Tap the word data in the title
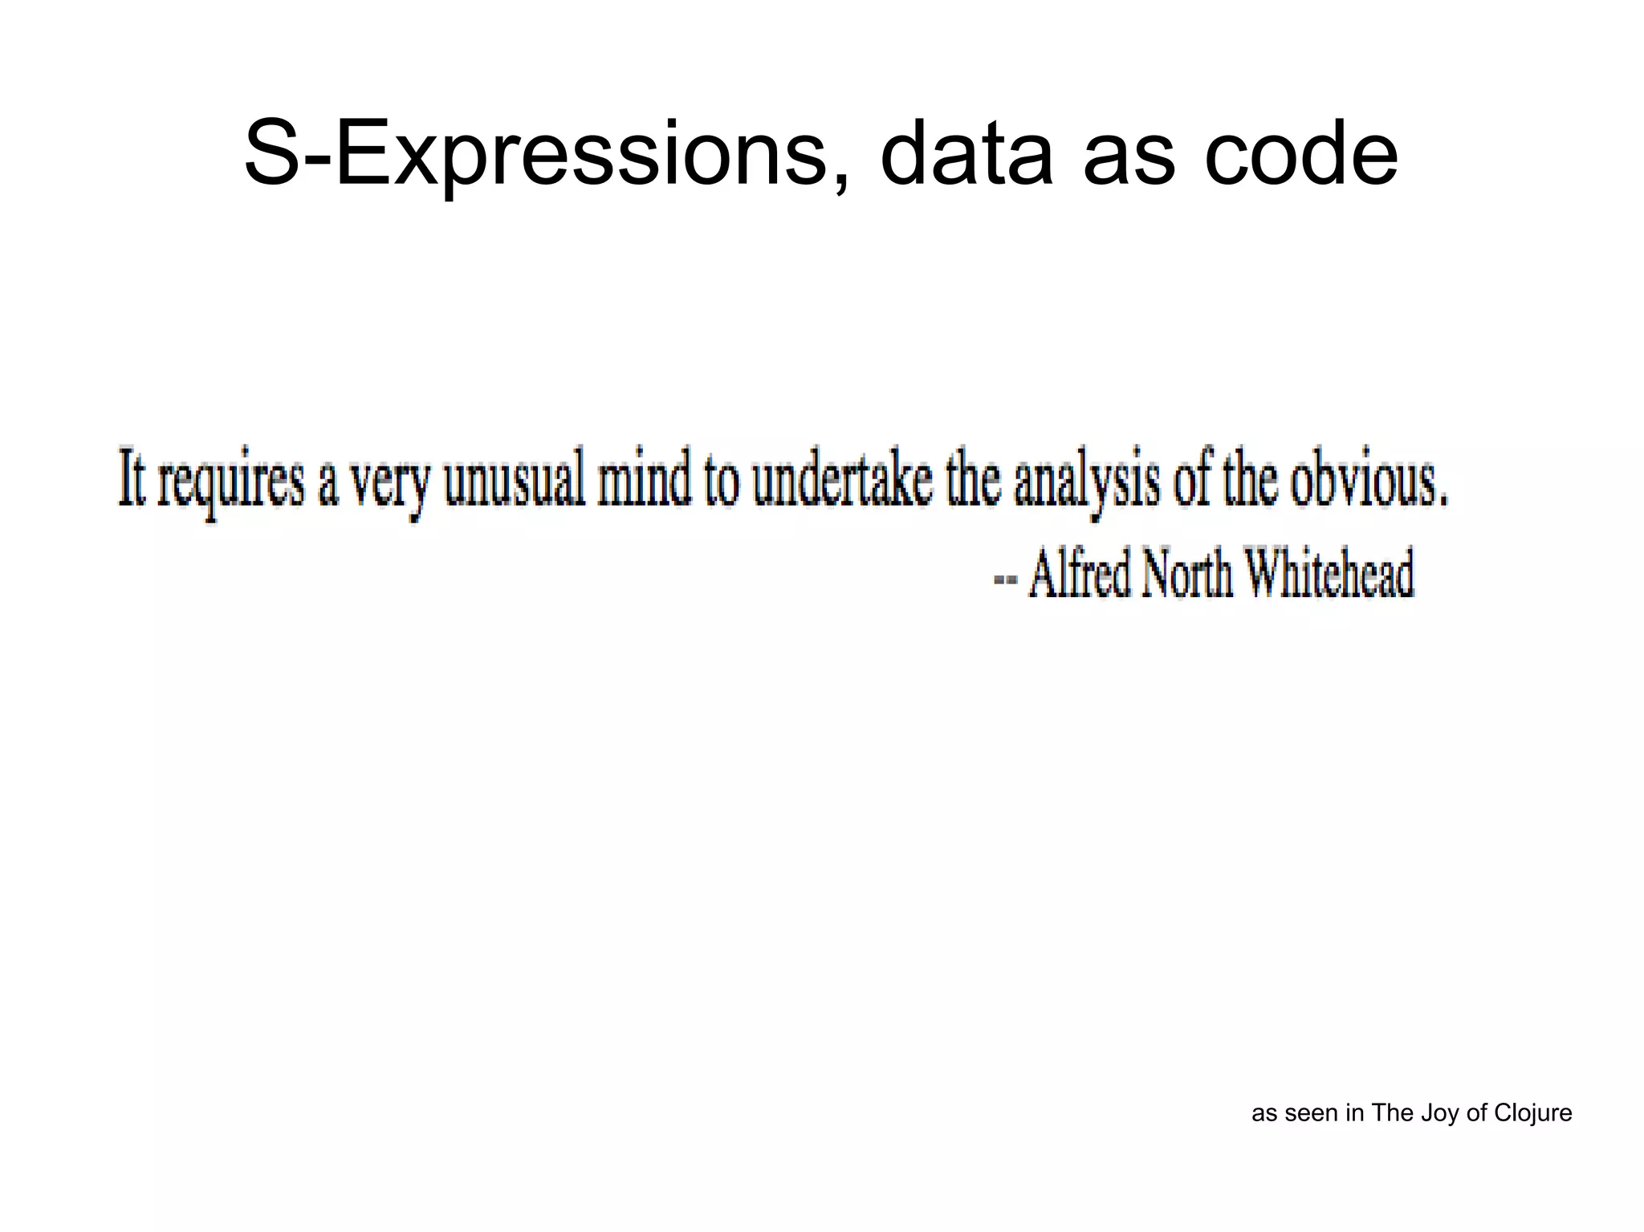coord(966,154)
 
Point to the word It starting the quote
coord(132,478)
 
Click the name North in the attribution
coord(1186,573)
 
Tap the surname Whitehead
coord(1329,573)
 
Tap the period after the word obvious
coord(1444,502)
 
